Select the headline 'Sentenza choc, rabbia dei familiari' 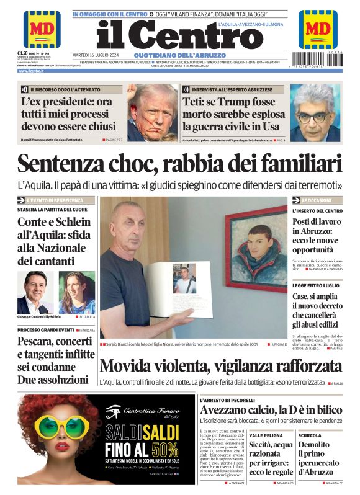click(179, 164)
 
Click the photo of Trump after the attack click(152, 112)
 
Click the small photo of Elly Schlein click(76, 292)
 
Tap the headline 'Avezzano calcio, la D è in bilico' click(271, 409)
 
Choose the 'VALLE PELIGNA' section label click(266, 435)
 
